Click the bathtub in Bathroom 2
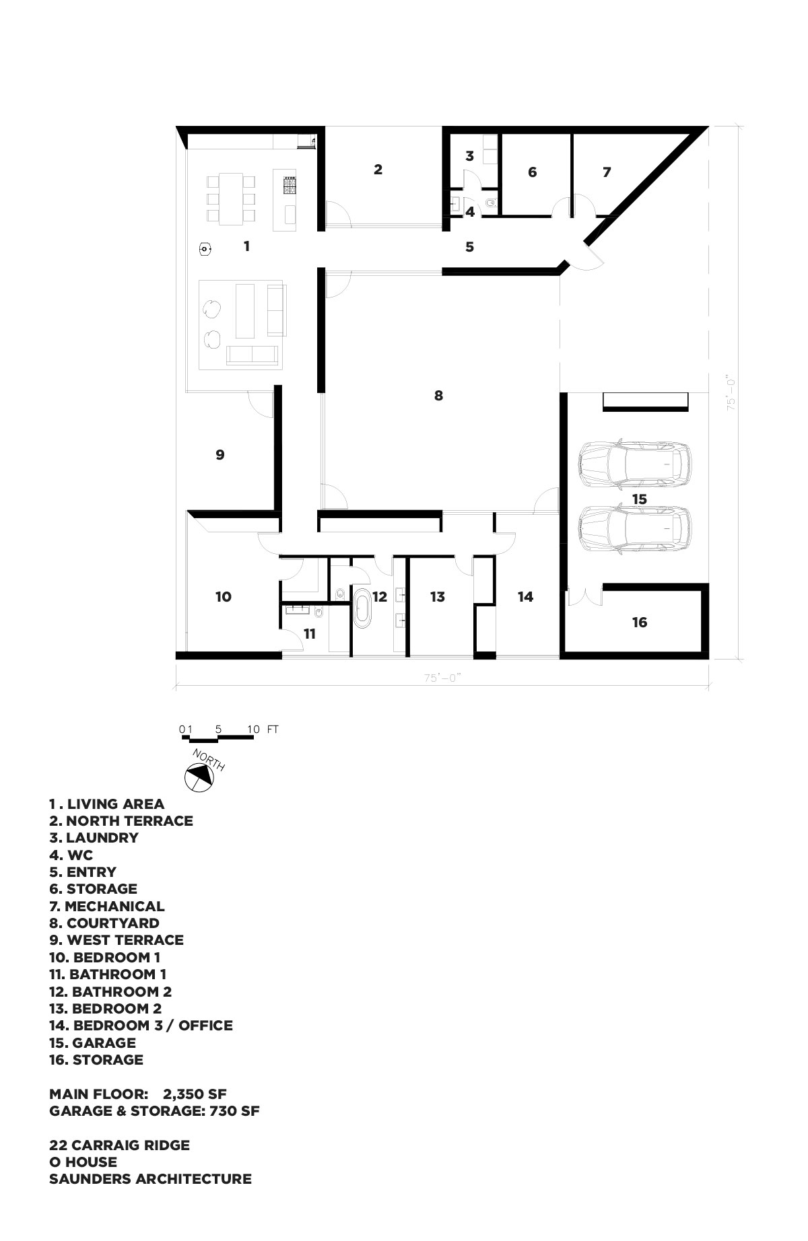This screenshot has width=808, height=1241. click(362, 608)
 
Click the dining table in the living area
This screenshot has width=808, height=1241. click(231, 198)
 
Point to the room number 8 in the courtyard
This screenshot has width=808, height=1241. click(438, 395)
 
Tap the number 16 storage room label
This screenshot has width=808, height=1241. click(639, 623)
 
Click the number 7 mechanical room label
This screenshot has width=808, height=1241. click(607, 172)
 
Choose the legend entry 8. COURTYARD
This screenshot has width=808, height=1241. click(104, 923)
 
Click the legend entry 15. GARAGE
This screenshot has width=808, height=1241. click(92, 1042)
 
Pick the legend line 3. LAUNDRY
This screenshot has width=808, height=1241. click(94, 838)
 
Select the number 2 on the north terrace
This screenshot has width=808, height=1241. click(378, 170)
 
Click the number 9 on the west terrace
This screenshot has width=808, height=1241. click(220, 455)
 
